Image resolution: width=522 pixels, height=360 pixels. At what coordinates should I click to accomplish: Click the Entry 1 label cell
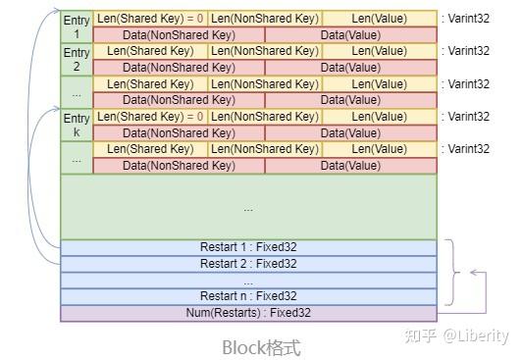click(76, 26)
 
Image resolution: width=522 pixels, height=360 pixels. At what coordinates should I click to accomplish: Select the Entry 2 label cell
click(76, 59)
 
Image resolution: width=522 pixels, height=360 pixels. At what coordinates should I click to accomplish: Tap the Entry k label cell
click(76, 125)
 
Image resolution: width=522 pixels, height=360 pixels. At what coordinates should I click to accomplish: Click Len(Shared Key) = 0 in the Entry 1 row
click(150, 19)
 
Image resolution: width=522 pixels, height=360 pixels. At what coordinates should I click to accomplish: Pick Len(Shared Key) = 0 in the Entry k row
click(150, 117)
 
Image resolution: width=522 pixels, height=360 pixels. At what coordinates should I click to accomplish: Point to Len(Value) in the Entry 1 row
click(379, 19)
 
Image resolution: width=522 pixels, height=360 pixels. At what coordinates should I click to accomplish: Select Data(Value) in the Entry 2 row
click(350, 68)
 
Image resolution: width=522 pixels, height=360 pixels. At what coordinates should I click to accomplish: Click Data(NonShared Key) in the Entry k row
click(179, 132)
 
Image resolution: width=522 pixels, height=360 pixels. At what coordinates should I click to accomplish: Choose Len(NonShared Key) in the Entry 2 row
click(265, 51)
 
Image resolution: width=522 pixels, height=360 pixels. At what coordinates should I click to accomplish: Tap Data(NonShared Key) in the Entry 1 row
click(179, 34)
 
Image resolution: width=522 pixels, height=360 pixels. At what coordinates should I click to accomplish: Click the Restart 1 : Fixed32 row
click(248, 247)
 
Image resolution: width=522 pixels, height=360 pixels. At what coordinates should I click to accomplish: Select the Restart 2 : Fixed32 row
click(248, 264)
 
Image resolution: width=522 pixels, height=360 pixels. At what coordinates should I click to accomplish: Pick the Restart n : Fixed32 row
click(248, 296)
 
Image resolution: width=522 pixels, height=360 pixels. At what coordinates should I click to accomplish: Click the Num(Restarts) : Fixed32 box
click(248, 313)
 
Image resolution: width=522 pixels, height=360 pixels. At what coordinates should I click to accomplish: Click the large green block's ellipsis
click(248, 208)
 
